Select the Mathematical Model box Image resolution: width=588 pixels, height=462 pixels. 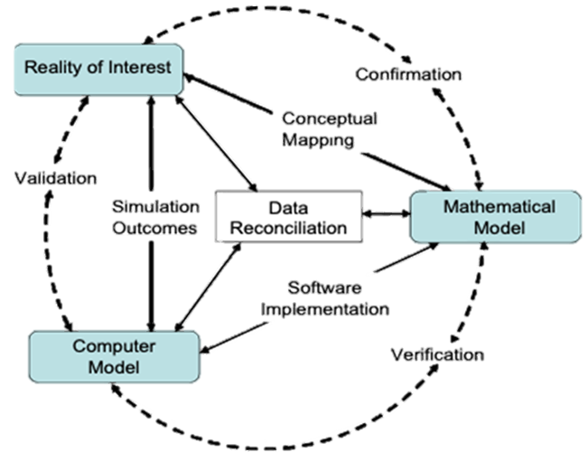click(x=494, y=217)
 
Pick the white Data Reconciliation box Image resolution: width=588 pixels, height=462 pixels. click(x=288, y=217)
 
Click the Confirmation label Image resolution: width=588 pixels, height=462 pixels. click(x=408, y=74)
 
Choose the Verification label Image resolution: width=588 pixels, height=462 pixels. click(x=438, y=354)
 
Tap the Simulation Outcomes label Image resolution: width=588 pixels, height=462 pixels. click(x=154, y=216)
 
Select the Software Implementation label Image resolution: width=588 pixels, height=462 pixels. click(x=325, y=298)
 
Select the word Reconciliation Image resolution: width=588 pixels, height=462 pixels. click(x=288, y=228)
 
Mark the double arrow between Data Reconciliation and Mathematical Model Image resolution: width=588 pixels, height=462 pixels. click(x=387, y=214)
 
